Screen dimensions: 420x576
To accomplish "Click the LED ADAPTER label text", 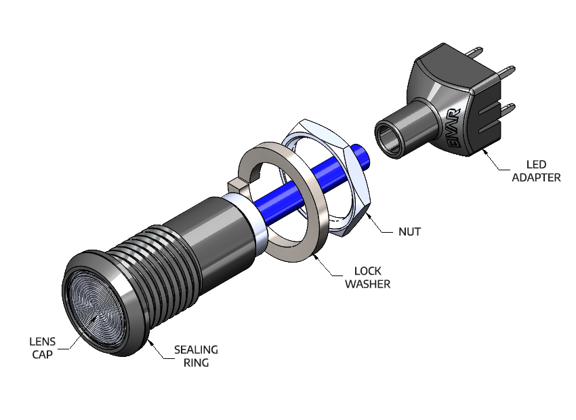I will coord(536,170).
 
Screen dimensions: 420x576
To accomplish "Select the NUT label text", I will coord(409,231).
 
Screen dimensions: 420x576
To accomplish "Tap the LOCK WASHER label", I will coord(367,277).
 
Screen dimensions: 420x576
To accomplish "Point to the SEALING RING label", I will coord(196,356).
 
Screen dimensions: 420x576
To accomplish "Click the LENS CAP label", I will coord(42,347).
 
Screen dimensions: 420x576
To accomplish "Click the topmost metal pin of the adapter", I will coord(478,52).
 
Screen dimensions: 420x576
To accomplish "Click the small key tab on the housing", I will coord(236,185).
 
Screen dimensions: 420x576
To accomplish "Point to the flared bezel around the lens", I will coord(133,319).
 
